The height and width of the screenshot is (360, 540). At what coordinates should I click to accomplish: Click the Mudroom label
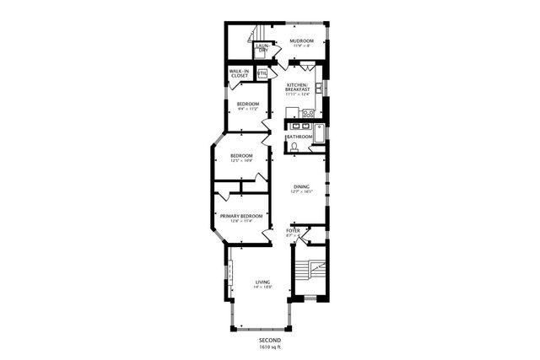[x=301, y=40]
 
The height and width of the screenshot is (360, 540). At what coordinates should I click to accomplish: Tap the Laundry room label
[x=262, y=49]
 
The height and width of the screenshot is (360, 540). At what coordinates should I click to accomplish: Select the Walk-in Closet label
[x=239, y=74]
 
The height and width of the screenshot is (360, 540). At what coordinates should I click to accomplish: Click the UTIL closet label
[x=262, y=73]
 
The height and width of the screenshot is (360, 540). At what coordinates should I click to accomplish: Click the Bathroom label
[x=299, y=137]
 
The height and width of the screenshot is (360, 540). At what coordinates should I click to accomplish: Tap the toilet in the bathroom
[x=293, y=147]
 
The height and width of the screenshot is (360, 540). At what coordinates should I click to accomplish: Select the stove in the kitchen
[x=308, y=113]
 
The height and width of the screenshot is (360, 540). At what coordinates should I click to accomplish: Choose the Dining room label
[x=301, y=186]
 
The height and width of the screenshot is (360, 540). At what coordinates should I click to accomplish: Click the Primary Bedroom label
[x=241, y=216]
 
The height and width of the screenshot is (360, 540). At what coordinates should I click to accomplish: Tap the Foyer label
[x=293, y=230]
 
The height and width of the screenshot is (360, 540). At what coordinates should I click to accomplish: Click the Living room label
[x=262, y=282]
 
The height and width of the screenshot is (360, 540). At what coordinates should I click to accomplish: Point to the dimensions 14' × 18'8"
[x=262, y=288]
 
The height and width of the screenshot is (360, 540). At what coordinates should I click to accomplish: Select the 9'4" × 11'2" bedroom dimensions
[x=247, y=109]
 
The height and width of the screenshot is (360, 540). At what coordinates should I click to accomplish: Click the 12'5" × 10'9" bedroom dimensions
[x=241, y=161]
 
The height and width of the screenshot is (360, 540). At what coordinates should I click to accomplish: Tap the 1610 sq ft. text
[x=270, y=347]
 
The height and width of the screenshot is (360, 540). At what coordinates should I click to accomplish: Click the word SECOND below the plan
[x=270, y=340]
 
